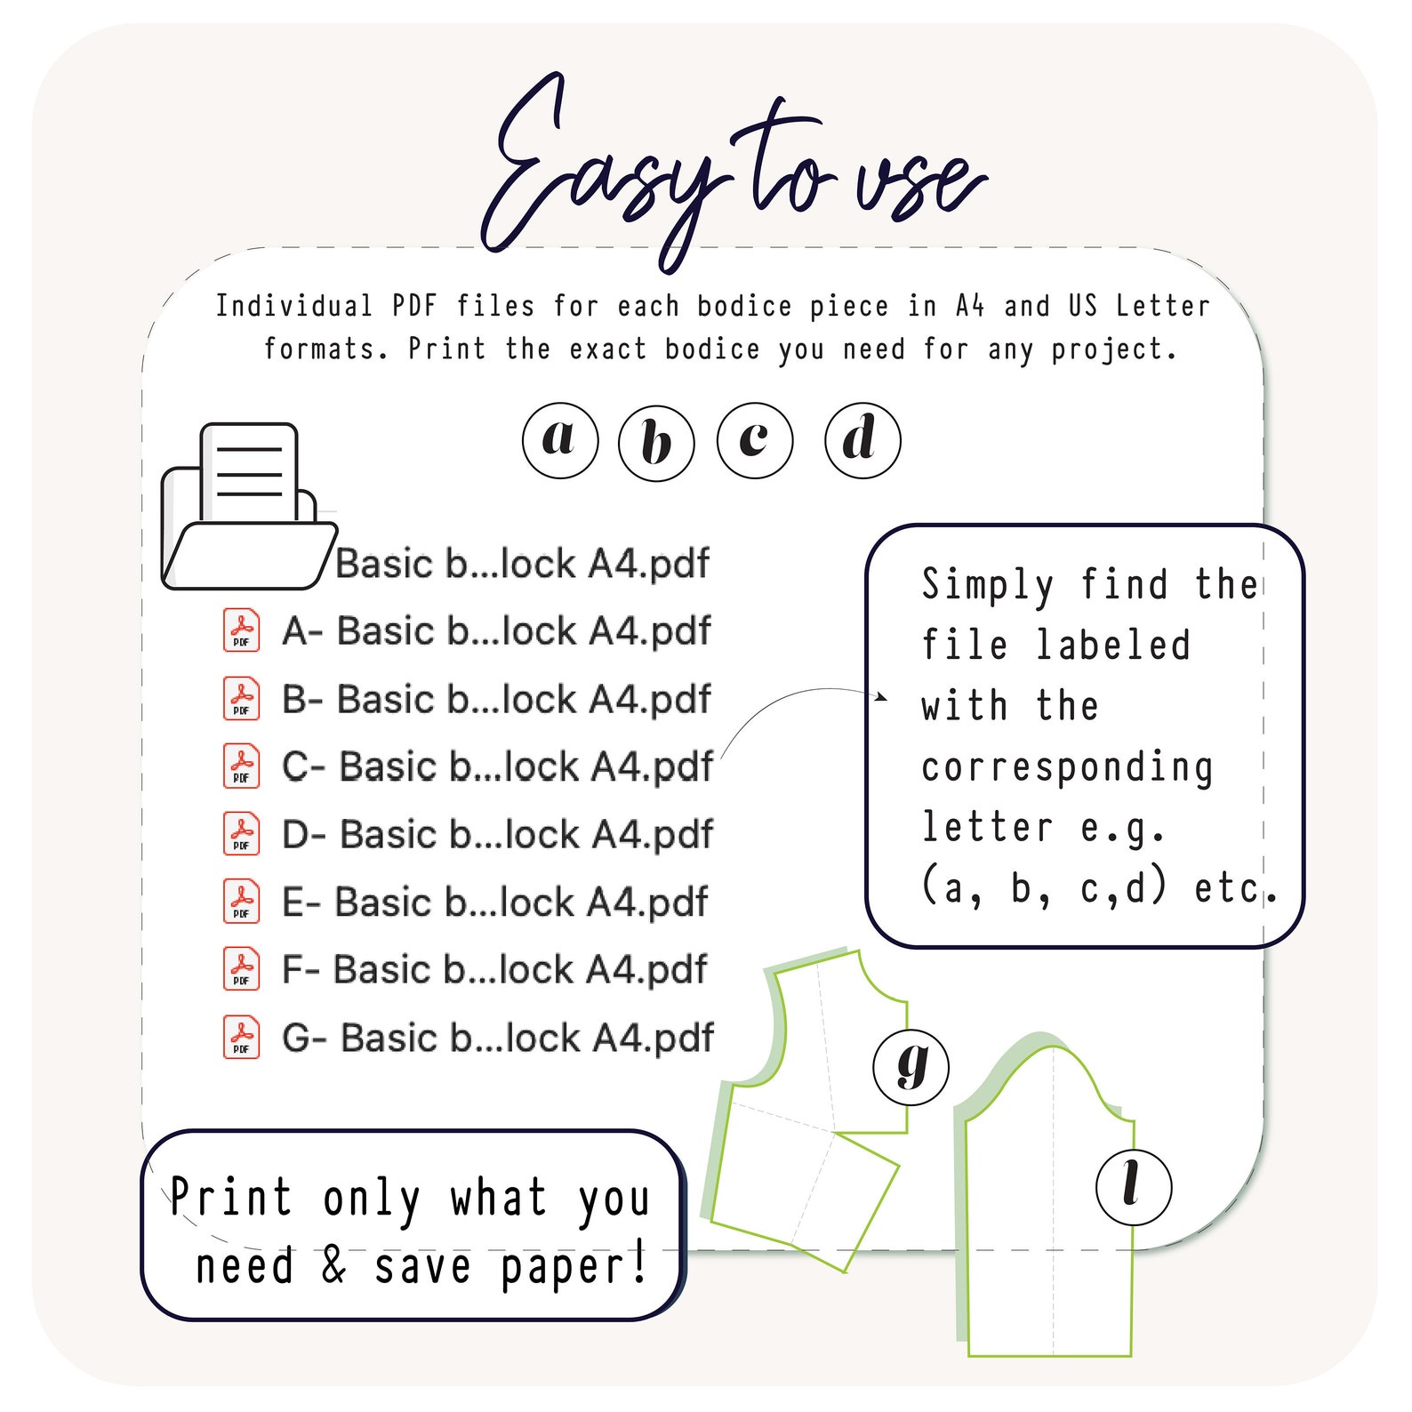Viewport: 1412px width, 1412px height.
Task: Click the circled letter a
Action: click(560, 440)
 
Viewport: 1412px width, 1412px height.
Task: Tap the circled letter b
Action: click(656, 443)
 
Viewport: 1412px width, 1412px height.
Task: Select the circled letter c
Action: click(755, 440)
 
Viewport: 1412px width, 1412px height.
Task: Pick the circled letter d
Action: click(862, 440)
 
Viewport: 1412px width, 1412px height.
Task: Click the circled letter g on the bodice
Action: click(911, 1067)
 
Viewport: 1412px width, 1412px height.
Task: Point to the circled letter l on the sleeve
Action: click(1134, 1186)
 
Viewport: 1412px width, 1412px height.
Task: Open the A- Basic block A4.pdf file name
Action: click(496, 631)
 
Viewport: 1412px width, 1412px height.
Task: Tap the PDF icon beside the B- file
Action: click(241, 698)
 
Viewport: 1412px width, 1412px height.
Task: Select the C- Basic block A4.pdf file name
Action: click(497, 766)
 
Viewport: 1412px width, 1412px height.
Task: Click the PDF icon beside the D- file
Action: click(241, 834)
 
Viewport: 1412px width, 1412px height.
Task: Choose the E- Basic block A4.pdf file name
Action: click(494, 903)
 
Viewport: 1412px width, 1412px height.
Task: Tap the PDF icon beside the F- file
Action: click(241, 969)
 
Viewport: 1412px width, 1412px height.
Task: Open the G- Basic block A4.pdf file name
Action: click(497, 1038)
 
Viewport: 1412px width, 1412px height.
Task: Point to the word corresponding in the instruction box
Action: click(1067, 768)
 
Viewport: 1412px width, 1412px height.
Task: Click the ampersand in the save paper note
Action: click(333, 1264)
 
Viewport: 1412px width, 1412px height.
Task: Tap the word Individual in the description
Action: click(293, 306)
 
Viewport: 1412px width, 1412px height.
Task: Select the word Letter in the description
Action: click(1163, 306)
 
